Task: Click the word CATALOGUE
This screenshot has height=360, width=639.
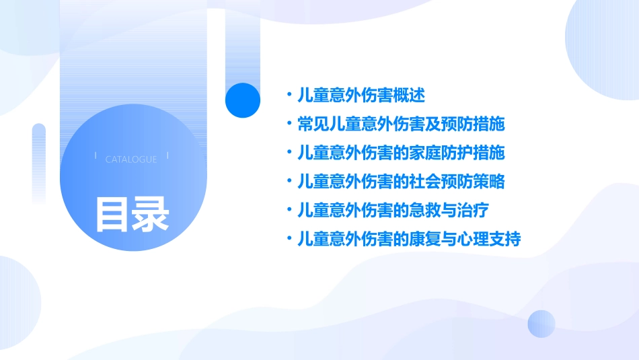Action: [131, 159]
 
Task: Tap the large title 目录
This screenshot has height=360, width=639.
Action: [132, 214]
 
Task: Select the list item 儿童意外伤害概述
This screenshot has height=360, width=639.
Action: [361, 96]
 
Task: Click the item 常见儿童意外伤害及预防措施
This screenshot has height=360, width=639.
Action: [401, 124]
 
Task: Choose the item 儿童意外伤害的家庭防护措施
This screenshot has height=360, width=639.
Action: [401, 153]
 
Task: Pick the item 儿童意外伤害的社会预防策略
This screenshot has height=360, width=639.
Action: [401, 182]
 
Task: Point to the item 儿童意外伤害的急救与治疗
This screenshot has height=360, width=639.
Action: [393, 211]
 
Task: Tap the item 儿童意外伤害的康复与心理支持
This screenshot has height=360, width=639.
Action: [409, 239]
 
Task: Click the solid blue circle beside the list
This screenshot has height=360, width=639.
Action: [242, 100]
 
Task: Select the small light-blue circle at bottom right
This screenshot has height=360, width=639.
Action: [541, 324]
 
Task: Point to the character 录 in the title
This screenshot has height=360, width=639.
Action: [151, 214]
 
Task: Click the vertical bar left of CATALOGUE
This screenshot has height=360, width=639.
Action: [96, 156]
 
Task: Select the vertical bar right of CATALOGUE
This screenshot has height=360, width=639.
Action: [167, 156]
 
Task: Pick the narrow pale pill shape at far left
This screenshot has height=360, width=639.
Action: [39, 161]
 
